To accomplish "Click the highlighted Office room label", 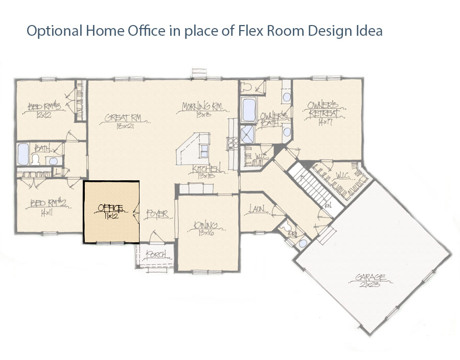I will coord(110,208).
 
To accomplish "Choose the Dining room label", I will coord(205,225).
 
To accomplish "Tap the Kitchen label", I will coord(206,169).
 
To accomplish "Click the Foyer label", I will coord(157,214).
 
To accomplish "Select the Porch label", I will coord(155,254).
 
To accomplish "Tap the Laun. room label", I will coord(256,208).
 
